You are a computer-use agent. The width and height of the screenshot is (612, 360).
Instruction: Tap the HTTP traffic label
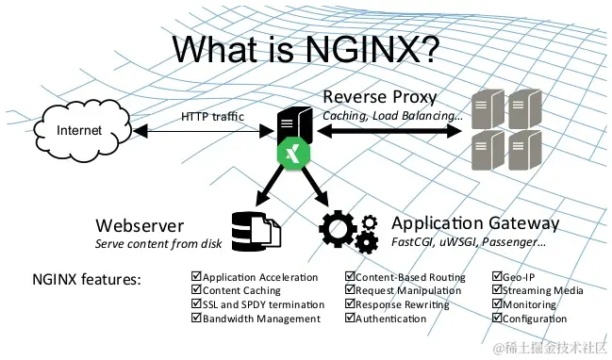[212, 116]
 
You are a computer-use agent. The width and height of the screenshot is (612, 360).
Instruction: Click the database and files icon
[256, 231]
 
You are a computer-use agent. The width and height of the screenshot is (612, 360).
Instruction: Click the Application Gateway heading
[475, 223]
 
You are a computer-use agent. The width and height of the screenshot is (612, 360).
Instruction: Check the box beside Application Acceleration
[196, 278]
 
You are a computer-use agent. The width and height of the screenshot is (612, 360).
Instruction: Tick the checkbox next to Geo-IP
[496, 278]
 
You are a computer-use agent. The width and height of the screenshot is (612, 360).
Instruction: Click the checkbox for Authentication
[350, 319]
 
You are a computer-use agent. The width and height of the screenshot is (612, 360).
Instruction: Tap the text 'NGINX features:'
[87, 280]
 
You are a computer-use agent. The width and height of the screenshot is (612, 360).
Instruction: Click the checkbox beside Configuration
[496, 319]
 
